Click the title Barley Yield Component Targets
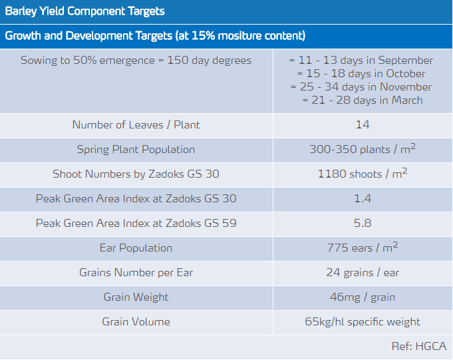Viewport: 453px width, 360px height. click(85, 11)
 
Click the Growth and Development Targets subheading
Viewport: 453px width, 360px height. click(155, 36)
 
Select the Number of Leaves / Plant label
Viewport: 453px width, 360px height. click(136, 125)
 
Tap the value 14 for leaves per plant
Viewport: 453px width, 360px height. click(363, 125)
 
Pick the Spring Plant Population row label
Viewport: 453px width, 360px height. click(136, 150)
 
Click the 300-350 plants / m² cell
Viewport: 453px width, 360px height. click(363, 150)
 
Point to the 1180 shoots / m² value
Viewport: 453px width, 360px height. click(363, 174)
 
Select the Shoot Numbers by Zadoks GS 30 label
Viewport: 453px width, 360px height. click(136, 174)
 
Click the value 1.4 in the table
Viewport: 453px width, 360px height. click(363, 199)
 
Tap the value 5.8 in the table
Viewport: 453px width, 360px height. click(363, 224)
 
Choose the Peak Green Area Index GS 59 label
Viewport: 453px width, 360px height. click(136, 224)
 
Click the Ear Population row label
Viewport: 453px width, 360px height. click(136, 248)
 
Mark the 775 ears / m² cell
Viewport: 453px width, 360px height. click(363, 248)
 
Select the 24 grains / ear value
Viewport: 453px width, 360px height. click(363, 273)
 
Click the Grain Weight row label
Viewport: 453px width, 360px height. click(136, 297)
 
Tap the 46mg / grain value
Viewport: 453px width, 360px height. click(363, 297)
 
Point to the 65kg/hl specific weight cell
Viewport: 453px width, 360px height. click(363, 322)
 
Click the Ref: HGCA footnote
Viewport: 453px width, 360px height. click(419, 346)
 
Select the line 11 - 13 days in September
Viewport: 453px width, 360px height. click(363, 61)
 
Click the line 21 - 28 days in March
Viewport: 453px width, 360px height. click(363, 100)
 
